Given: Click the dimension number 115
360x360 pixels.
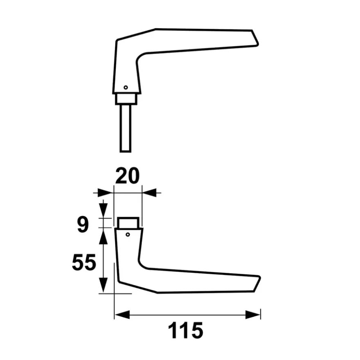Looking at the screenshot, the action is coord(185,331).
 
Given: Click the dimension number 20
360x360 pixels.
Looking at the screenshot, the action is coord(127,175).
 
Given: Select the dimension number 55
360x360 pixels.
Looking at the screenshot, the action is coord(84,262).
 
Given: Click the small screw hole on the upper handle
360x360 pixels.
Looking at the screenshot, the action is coord(126,88).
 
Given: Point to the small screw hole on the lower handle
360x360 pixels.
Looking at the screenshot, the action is coord(128,235).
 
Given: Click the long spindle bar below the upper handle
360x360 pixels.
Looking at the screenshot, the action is coord(125,128).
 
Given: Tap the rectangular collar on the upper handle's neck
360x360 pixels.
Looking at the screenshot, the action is coord(126,99).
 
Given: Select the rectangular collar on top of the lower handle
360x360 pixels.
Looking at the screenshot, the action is coord(128,223).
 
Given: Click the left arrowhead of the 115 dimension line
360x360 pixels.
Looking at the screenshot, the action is coord(122,315).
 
